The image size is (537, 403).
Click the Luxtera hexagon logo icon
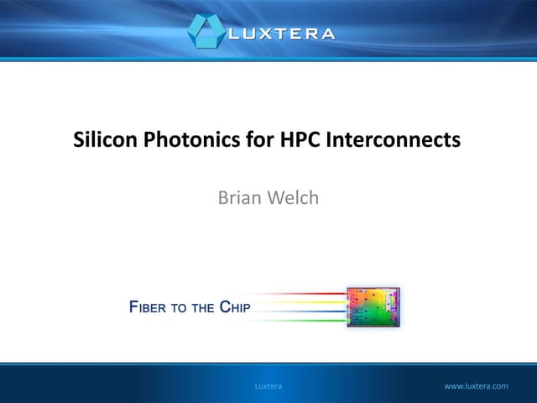pyautogui.click(x=206, y=31)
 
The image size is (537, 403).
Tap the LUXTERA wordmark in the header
pyautogui.click(x=281, y=34)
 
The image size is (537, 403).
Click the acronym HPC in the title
pyautogui.click(x=278, y=140)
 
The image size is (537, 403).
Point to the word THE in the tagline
pyautogui.click(x=202, y=308)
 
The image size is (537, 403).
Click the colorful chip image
pyautogui.click(x=373, y=307)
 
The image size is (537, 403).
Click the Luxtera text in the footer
pyautogui.click(x=268, y=386)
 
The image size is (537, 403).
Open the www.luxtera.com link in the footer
pyautogui.click(x=476, y=386)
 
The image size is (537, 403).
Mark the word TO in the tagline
pyautogui.click(x=179, y=308)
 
